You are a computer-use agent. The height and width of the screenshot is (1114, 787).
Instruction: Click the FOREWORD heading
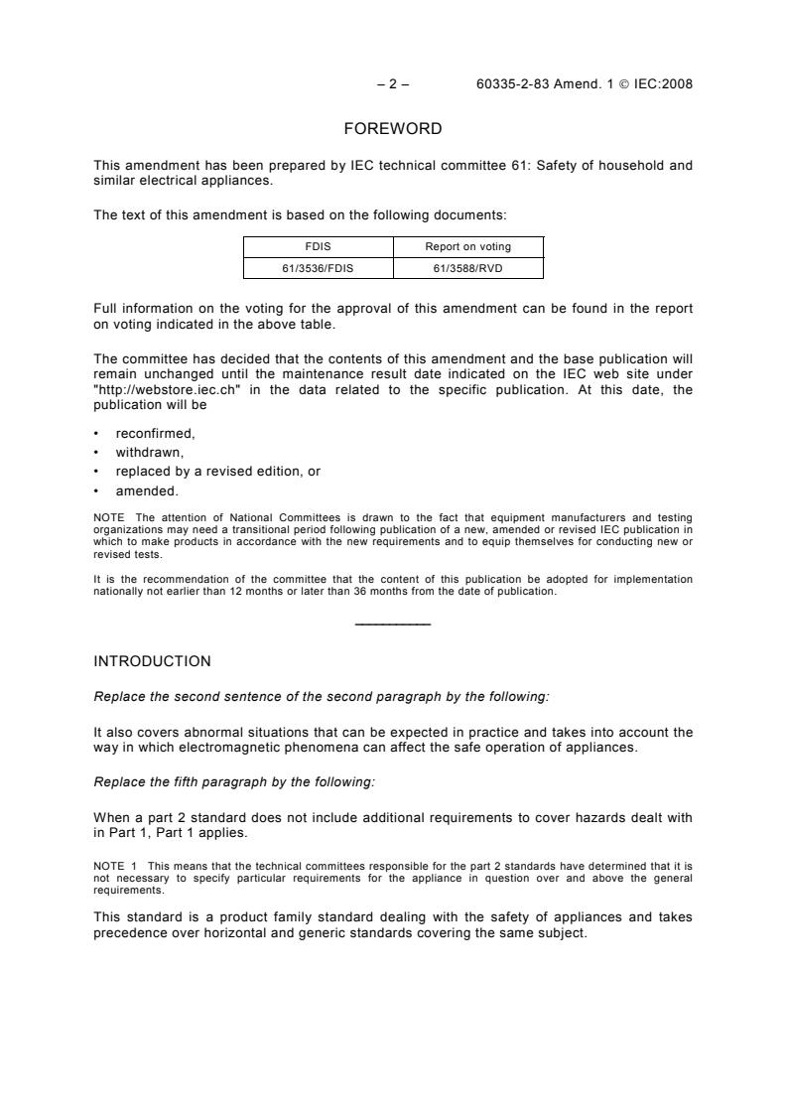(x=392, y=128)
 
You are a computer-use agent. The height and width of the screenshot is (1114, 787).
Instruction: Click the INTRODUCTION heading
(x=152, y=660)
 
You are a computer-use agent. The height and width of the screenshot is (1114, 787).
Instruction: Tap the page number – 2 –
(x=393, y=83)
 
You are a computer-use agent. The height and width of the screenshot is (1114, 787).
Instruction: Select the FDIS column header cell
(x=319, y=247)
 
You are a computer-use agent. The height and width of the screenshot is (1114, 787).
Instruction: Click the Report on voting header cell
(x=468, y=247)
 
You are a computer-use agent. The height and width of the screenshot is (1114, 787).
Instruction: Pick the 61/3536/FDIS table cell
(x=319, y=267)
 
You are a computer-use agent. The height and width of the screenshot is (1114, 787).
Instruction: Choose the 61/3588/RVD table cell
(x=468, y=267)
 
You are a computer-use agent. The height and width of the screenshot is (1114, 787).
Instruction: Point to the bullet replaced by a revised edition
(x=217, y=472)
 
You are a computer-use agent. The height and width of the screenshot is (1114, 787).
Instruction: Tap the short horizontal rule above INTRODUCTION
(x=392, y=623)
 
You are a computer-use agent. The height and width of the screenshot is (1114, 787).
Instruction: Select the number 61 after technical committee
(x=533, y=166)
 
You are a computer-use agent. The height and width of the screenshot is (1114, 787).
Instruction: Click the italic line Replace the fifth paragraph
(x=234, y=782)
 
